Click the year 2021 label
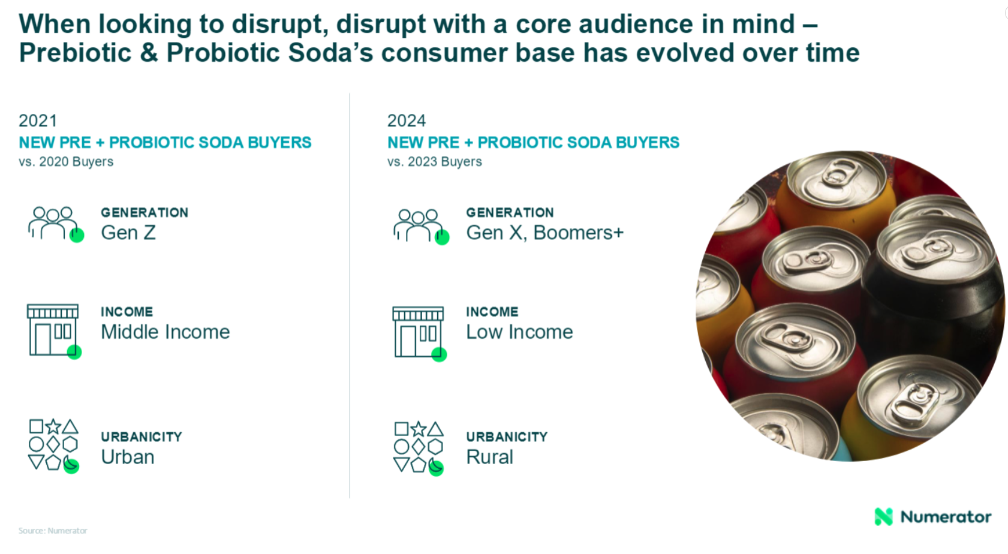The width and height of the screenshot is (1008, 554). coord(38,121)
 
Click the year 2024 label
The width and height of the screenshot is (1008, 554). coord(407,121)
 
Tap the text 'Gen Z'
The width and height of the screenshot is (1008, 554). coord(128,233)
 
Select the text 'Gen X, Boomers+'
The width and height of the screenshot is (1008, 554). coord(545,233)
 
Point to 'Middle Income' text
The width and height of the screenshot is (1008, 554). coord(165,332)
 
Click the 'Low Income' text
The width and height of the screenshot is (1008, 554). coord(519,332)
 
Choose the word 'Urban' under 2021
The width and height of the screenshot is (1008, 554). coord(128,457)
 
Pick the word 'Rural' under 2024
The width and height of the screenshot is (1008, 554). coord(489,457)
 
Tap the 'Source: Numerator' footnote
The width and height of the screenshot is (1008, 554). coord(53,531)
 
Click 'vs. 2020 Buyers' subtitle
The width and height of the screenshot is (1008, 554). coord(66,161)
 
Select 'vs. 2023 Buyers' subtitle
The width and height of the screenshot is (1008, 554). coord(434,161)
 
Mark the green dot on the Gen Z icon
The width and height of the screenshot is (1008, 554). coord(77,236)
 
